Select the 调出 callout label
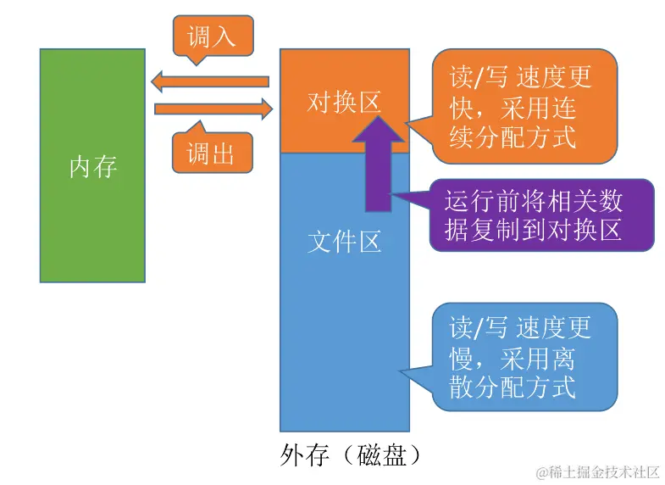210,153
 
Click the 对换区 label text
344,103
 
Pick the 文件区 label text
344,242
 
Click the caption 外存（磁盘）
349,455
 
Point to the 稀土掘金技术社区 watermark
592,471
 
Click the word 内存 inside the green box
92,166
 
